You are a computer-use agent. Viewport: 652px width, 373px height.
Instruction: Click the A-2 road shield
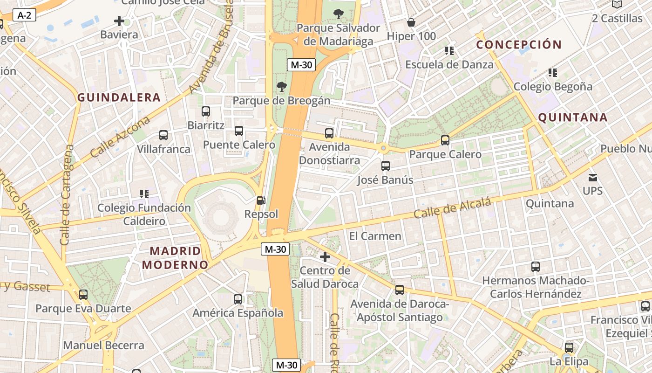(x=24, y=15)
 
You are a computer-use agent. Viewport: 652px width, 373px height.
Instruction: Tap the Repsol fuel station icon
(x=261, y=201)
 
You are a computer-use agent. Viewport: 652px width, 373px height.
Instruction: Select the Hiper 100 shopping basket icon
(x=411, y=22)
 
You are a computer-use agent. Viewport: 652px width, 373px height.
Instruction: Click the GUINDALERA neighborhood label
(x=119, y=97)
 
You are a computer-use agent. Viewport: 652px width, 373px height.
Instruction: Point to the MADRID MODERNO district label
(x=175, y=258)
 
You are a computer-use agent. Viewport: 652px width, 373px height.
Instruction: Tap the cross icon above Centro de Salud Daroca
(x=325, y=256)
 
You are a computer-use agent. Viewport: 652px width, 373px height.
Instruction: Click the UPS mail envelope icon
(x=592, y=177)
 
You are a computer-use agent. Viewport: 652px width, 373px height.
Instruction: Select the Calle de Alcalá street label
(x=452, y=208)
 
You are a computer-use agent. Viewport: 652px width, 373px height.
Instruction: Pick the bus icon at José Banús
(x=385, y=166)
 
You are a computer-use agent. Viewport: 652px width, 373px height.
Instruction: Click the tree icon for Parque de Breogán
(x=281, y=87)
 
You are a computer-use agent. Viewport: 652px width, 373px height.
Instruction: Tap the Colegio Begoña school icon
(x=553, y=72)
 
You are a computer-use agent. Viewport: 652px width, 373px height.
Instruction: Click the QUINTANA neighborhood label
(x=573, y=117)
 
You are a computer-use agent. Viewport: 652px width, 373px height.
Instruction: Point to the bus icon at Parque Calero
(x=445, y=140)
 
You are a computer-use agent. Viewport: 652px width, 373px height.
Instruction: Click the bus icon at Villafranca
(x=163, y=135)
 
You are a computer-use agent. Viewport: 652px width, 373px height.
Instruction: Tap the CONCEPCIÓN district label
(x=519, y=45)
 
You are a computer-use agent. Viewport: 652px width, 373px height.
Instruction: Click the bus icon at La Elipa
(x=569, y=347)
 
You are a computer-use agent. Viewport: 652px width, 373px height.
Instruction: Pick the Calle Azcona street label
(x=121, y=137)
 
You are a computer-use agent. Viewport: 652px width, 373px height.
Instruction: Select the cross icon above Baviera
(x=119, y=21)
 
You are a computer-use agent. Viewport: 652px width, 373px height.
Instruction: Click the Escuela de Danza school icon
(x=449, y=50)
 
